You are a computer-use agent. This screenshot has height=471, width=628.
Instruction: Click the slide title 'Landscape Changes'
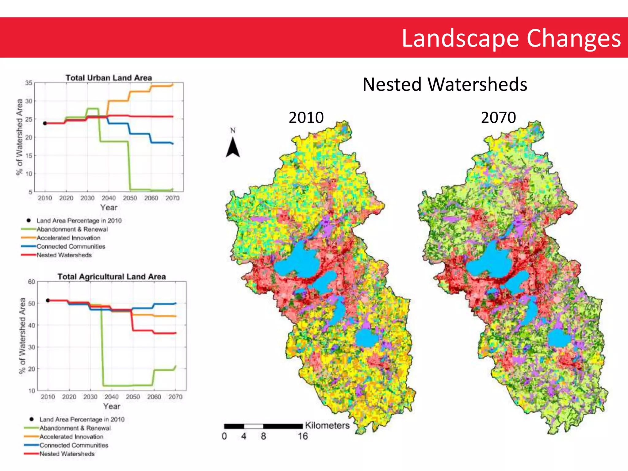(511, 38)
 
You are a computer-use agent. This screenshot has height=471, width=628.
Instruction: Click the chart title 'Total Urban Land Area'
(109, 78)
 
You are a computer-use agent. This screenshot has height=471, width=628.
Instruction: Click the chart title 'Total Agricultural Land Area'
(112, 277)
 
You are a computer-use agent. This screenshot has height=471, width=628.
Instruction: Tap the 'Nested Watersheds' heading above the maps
(445, 84)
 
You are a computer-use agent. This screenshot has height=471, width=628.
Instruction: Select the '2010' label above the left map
(306, 117)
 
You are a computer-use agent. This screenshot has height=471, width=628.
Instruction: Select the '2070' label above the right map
(498, 117)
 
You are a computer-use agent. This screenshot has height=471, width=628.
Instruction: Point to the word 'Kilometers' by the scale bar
(327, 426)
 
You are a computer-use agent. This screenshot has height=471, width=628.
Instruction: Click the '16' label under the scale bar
(302, 436)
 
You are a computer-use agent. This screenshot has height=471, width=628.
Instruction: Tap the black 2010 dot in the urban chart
(45, 123)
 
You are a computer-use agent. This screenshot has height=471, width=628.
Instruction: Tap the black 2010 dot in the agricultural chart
(48, 301)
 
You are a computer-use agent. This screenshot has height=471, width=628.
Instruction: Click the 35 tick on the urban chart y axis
(29, 83)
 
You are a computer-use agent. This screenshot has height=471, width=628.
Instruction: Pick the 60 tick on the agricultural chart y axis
(32, 281)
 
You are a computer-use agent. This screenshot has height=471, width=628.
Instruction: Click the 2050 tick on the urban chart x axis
(130, 198)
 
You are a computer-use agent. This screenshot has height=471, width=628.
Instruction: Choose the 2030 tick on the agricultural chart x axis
(90, 397)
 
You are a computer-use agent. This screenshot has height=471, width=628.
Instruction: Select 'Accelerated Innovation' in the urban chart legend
(68, 238)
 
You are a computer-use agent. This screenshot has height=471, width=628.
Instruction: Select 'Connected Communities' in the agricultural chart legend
(74, 445)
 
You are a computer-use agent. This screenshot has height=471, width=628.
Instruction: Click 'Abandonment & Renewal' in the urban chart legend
(72, 229)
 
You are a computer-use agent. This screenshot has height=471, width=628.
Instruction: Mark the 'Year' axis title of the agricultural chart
(112, 406)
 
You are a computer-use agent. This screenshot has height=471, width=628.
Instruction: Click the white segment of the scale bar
(254, 426)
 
